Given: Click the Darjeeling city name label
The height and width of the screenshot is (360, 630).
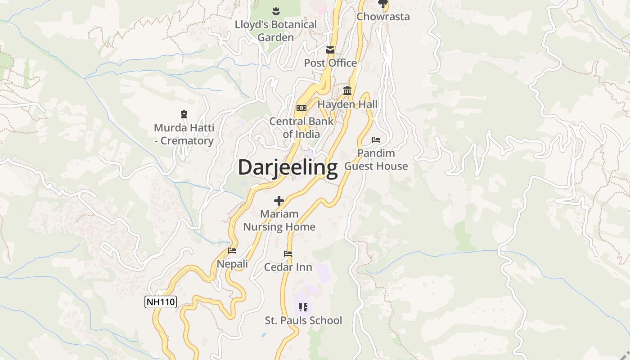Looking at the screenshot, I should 288,167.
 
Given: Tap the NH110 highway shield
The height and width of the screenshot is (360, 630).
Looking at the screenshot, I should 160,301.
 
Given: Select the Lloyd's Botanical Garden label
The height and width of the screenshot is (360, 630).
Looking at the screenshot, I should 275,31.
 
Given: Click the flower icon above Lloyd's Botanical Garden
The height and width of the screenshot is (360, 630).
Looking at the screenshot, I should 276,10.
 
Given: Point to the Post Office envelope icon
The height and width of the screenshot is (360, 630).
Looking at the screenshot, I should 330,49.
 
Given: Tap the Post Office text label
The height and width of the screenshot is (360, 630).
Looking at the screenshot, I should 330,63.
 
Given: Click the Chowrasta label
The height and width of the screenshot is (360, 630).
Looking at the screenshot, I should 383,17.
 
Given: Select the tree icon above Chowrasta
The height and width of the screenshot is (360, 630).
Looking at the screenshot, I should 383,4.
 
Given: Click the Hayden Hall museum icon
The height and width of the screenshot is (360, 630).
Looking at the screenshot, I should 347,91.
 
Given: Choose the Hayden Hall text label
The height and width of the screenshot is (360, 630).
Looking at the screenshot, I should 347,104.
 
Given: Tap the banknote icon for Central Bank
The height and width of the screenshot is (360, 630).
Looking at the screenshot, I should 301,108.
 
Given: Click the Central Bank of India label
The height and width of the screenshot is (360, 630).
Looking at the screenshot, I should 301,127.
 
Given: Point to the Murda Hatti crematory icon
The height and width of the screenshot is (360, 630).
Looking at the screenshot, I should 184,114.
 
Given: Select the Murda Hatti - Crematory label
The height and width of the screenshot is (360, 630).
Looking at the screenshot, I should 184,134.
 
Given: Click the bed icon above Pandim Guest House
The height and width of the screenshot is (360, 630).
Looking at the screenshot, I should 376,140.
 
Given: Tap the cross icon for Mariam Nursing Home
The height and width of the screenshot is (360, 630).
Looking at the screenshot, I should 279,201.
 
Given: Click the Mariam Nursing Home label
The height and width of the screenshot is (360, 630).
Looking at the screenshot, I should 279,220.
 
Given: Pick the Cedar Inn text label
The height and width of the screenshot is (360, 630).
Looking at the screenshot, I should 288,267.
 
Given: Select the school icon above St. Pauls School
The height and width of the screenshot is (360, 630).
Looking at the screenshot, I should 303,307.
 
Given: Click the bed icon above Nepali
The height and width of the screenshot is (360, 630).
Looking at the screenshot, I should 232,251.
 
